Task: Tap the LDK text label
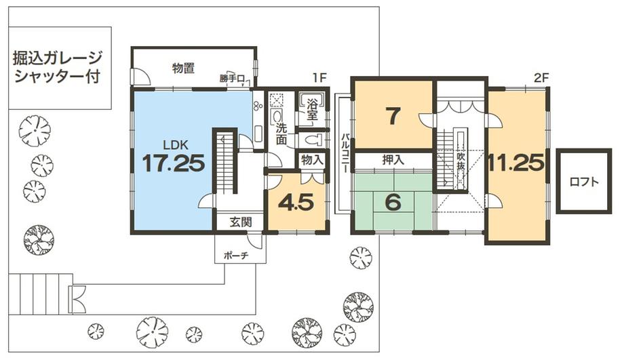point(173,144)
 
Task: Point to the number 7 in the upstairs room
point(391,116)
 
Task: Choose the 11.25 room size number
point(515,163)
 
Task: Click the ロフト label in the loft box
point(583,182)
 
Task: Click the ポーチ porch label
point(236,256)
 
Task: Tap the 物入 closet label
point(312,161)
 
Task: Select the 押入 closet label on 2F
point(391,161)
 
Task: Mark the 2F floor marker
point(540,77)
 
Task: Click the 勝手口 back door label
point(230,79)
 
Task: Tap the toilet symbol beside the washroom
point(312,140)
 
